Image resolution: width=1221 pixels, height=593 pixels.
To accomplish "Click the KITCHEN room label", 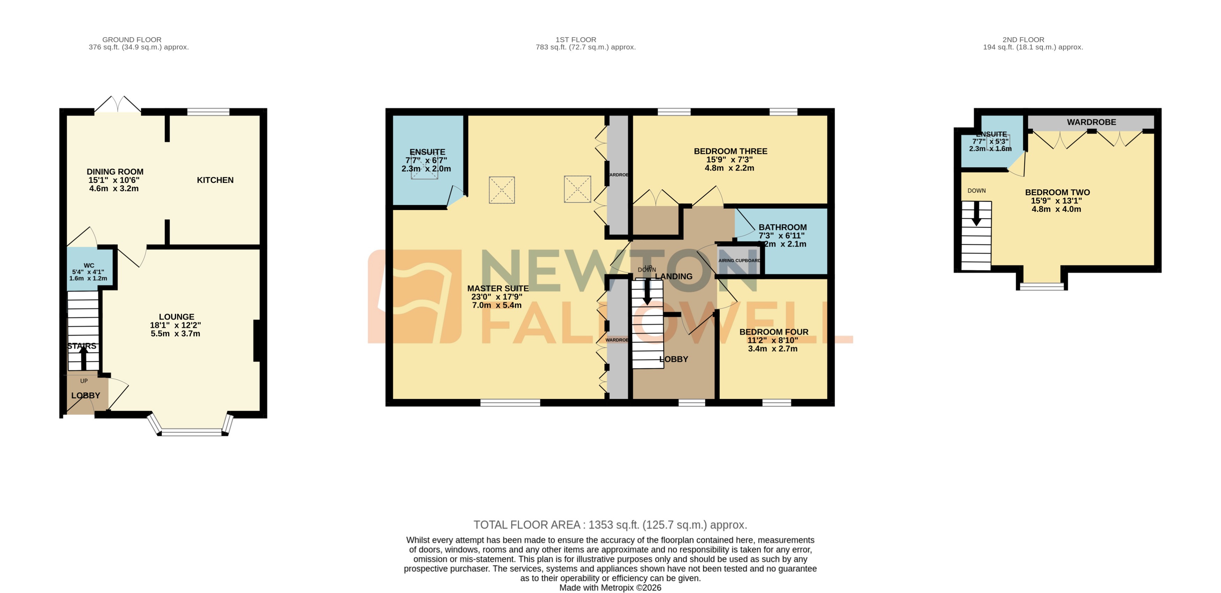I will coord(215,180).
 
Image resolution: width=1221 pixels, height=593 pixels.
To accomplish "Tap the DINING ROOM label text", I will coord(115,172).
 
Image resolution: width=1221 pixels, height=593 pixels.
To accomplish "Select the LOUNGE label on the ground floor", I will coord(176,317).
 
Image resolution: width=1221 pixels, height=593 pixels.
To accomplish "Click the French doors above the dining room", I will coord(118,105).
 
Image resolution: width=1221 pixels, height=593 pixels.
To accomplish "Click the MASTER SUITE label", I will coord(498,288).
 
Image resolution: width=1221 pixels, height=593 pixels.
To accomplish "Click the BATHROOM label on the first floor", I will coord(782,227).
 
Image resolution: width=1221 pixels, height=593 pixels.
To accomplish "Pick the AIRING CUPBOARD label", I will coord(739,261).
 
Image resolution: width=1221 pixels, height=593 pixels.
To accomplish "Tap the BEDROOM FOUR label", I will coord(773,332).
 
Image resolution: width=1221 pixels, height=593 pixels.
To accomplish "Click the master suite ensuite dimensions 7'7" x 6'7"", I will coord(426,160).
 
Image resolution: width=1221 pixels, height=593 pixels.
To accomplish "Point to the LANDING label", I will coord(674,276).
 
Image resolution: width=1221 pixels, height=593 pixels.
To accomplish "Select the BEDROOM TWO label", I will coord(1057,193).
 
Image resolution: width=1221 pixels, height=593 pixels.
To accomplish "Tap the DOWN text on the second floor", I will coord(976,190).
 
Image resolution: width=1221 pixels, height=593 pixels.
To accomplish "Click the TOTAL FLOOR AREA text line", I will coord(610,525).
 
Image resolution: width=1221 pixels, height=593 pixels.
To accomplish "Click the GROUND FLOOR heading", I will coord(132,40).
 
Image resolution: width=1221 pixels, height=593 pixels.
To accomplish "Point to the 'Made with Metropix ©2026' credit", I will coord(610,588).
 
